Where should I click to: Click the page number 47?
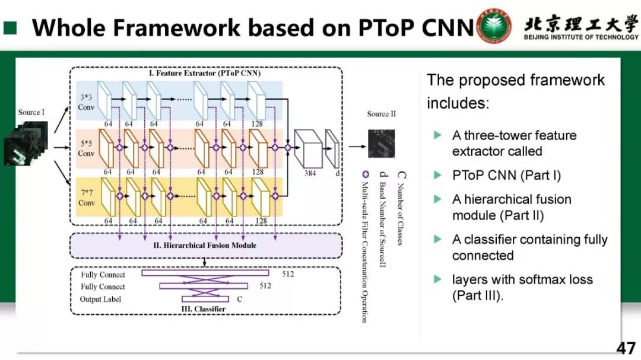[x=626, y=348]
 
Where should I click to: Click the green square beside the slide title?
[x=11, y=27]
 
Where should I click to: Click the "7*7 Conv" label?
[x=86, y=198]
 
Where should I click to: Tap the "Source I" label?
[x=31, y=112]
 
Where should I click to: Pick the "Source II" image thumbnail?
[x=380, y=142]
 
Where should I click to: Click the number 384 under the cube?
[x=310, y=173]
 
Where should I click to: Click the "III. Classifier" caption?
[x=202, y=309]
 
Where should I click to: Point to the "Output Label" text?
[x=100, y=299]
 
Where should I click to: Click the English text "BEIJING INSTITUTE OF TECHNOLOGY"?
[x=581, y=37]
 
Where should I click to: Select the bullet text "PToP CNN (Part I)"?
[x=506, y=175]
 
